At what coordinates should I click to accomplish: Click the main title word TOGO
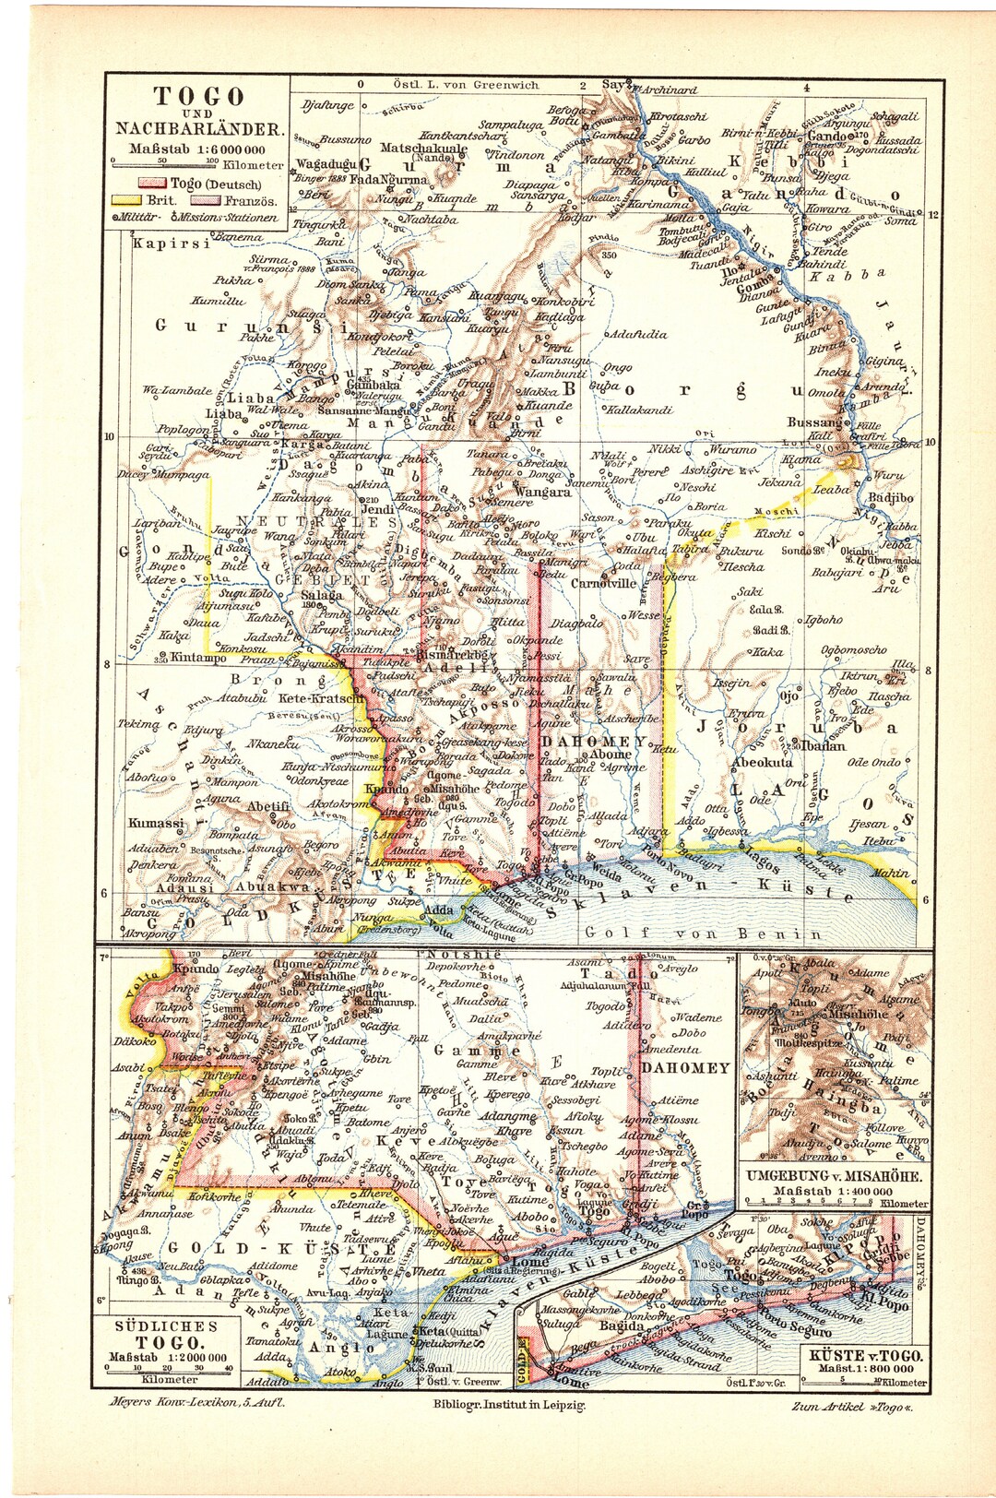(198, 96)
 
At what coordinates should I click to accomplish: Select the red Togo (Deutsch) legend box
(152, 184)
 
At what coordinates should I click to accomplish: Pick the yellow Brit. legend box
(127, 199)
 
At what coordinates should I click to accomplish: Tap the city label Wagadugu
(323, 164)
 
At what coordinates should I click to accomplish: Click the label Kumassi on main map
(156, 823)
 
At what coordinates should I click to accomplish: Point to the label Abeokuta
(762, 763)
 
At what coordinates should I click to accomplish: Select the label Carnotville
(604, 583)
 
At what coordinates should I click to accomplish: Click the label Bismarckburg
(453, 654)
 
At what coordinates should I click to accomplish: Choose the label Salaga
(322, 596)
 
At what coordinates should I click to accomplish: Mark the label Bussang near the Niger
(814, 422)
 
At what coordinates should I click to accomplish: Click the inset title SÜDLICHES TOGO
(167, 1335)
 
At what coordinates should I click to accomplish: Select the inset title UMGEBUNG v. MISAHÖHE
(836, 1176)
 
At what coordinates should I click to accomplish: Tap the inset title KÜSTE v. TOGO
(866, 1356)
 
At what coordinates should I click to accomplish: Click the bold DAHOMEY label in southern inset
(685, 1067)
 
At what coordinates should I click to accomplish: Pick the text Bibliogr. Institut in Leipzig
(508, 1405)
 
